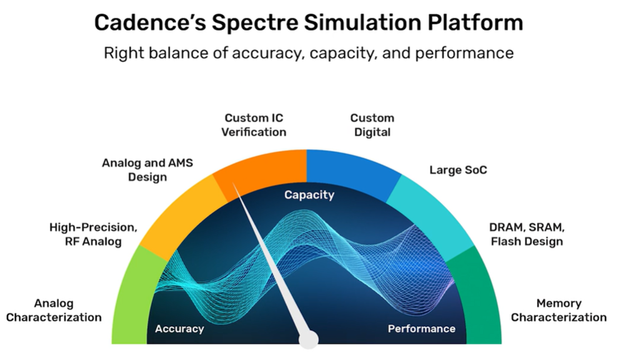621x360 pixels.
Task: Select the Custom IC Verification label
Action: [255, 125]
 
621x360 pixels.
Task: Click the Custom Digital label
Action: [372, 125]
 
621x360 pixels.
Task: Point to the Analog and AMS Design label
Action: [147, 169]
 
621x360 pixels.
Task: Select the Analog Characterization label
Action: [54, 310]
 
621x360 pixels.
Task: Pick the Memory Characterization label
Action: [559, 310]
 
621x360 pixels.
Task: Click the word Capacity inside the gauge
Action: [309, 195]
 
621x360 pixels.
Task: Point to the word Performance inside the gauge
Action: [421, 329]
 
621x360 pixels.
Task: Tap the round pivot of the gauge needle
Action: [309, 339]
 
